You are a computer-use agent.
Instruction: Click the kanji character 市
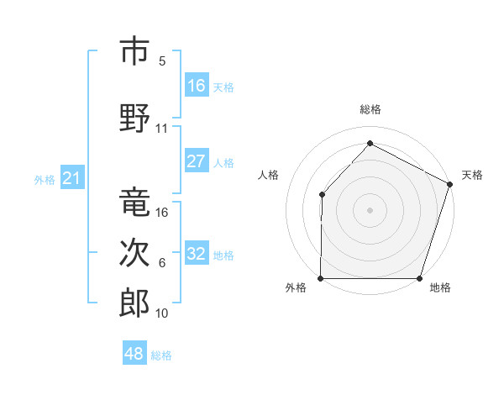click(134, 52)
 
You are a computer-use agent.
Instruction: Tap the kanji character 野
click(134, 118)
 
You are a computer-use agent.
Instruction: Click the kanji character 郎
click(134, 303)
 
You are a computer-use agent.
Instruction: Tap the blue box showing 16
click(196, 85)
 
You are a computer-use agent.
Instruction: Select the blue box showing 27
click(196, 161)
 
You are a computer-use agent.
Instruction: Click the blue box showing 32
click(196, 254)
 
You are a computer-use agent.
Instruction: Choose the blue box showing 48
click(134, 354)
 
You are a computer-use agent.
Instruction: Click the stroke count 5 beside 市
click(162, 61)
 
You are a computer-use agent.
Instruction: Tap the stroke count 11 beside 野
click(162, 129)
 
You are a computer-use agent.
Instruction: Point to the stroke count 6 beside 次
click(162, 263)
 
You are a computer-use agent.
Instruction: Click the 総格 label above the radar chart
click(370, 109)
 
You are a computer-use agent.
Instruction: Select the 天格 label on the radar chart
click(472, 175)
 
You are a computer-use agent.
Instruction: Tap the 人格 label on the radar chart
click(269, 175)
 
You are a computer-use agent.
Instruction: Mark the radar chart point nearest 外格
click(321, 278)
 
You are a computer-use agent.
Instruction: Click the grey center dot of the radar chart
click(370, 209)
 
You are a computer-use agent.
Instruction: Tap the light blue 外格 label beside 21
click(45, 179)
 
